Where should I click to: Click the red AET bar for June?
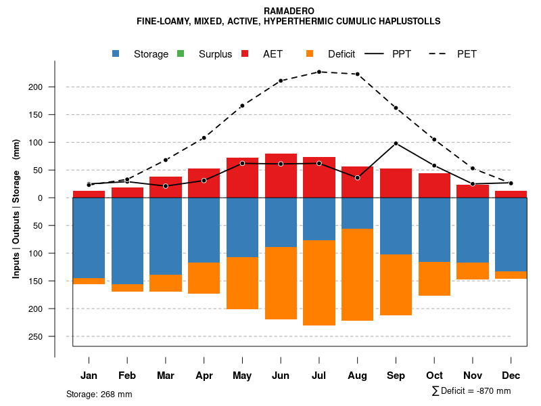281,176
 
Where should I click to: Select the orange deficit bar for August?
358,275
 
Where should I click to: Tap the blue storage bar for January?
89,238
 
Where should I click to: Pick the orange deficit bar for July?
319,283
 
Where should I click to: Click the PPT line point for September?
396,143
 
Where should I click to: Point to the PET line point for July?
319,72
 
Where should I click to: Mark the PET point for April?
204,138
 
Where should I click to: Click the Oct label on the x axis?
434,376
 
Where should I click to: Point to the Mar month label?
166,376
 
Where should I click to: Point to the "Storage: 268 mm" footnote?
99,394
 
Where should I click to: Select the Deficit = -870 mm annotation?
471,391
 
